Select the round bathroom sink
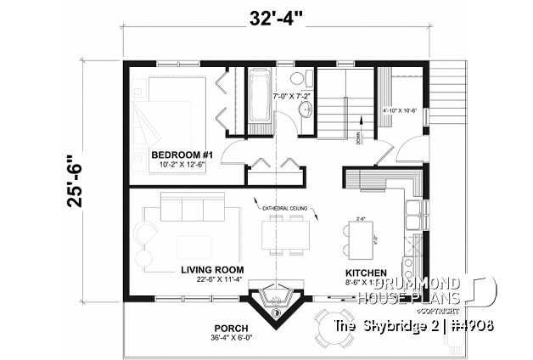pyautogui.click(x=305, y=107)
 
